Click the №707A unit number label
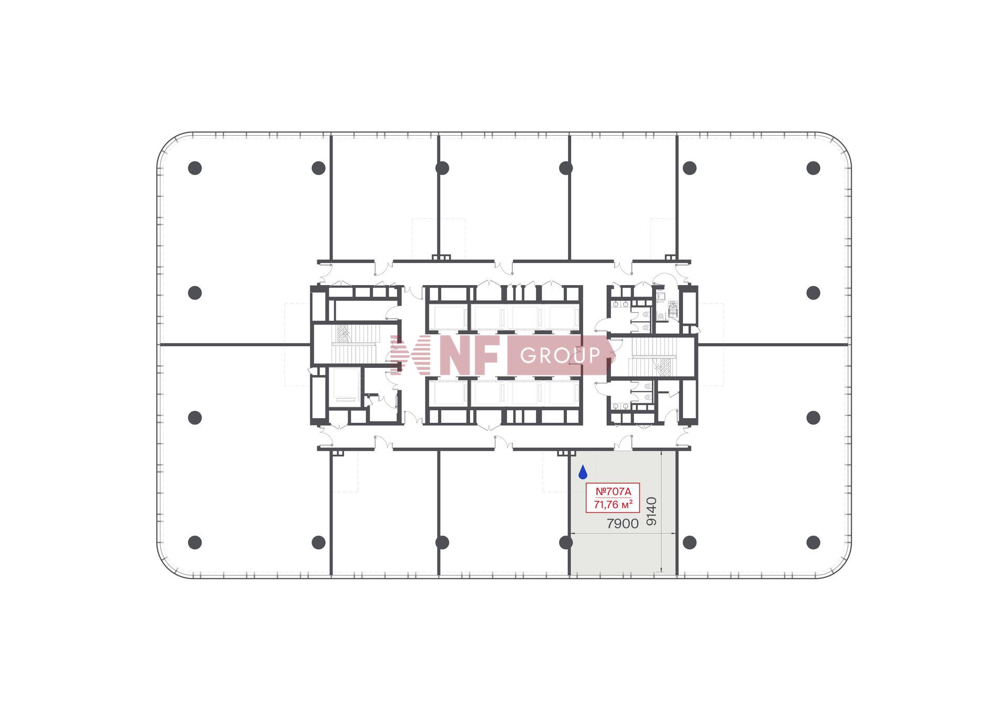pyautogui.click(x=613, y=491)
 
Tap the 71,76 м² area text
pyautogui.click(x=613, y=505)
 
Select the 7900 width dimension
pyautogui.click(x=623, y=524)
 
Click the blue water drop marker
pyautogui.click(x=583, y=473)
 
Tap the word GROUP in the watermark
pyautogui.click(x=560, y=356)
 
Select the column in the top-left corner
pyautogui.click(x=195, y=168)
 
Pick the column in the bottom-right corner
pyautogui.click(x=813, y=542)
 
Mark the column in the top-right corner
pyautogui.click(x=813, y=168)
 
